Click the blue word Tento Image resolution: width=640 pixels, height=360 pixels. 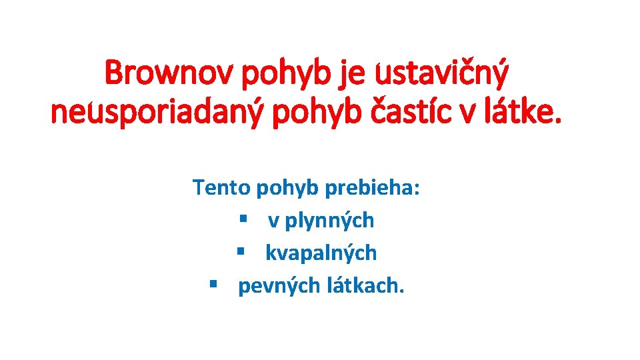[221, 187]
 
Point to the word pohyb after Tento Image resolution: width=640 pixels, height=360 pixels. [287, 189]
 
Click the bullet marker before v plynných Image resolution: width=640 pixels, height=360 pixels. [245, 219]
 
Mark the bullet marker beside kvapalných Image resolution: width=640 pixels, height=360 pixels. [242, 253]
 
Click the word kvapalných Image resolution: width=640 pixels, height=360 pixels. [321, 253]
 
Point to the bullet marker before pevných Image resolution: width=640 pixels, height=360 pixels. [214, 285]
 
